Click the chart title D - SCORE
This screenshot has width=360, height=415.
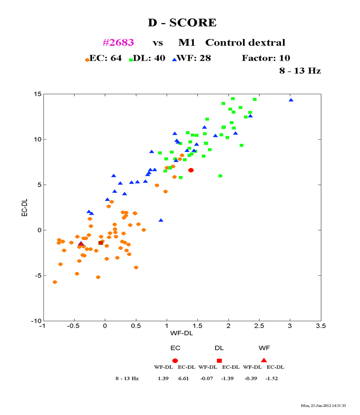click(182, 23)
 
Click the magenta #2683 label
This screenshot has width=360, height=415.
click(118, 43)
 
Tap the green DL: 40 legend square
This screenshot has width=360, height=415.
click(131, 59)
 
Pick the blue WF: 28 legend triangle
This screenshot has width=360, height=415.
click(174, 59)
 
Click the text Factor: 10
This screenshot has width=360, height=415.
click(266, 58)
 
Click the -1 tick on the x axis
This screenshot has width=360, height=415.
click(43, 326)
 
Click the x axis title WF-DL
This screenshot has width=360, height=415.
click(181, 333)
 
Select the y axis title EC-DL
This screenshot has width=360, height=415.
click(26, 207)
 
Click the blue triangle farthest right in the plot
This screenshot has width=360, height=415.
click(291, 100)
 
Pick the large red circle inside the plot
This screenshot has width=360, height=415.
click(191, 170)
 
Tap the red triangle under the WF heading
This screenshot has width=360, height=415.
click(264, 360)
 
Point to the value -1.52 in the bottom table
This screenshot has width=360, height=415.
click(272, 379)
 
